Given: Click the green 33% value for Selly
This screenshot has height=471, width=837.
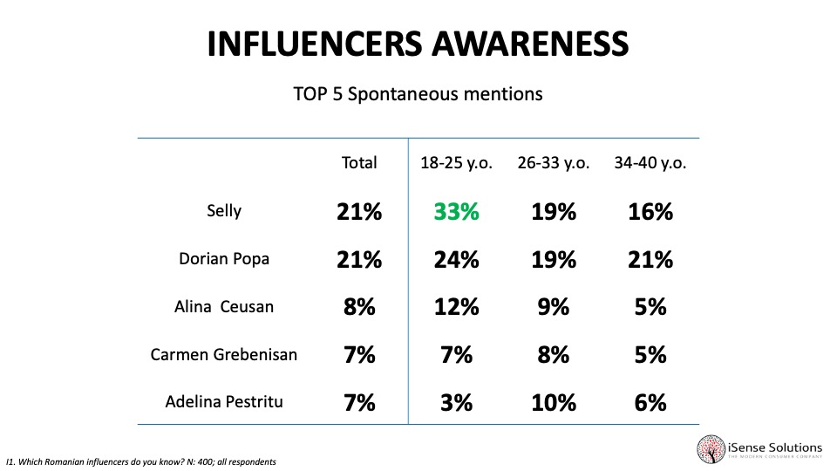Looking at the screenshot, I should click(458, 212).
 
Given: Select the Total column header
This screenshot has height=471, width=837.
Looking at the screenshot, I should click(359, 163).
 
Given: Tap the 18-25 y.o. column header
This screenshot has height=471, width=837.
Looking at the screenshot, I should click(458, 163).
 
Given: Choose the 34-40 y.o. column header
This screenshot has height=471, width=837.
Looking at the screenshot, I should click(650, 163).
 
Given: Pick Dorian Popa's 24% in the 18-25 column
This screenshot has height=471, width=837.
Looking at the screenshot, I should click(458, 260).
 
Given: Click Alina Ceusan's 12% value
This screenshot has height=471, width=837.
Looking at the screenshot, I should click(458, 307).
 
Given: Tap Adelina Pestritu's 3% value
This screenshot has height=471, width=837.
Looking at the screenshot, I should click(458, 402).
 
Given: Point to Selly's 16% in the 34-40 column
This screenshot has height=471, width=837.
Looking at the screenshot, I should click(650, 212).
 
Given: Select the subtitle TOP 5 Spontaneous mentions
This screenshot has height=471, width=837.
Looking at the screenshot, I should click(418, 94).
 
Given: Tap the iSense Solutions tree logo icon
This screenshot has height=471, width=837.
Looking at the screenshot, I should click(711, 448).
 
